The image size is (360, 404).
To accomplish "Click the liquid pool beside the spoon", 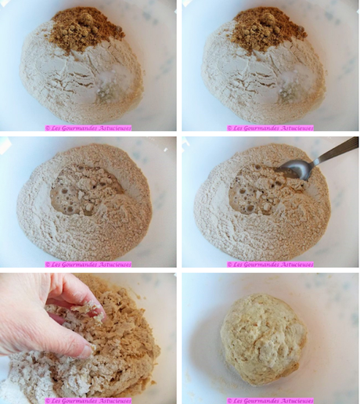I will pyautogui.click(x=254, y=192).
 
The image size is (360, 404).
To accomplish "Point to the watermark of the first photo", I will pyautogui.click(x=88, y=128).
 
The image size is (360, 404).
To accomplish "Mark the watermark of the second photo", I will pyautogui.click(x=270, y=128).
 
